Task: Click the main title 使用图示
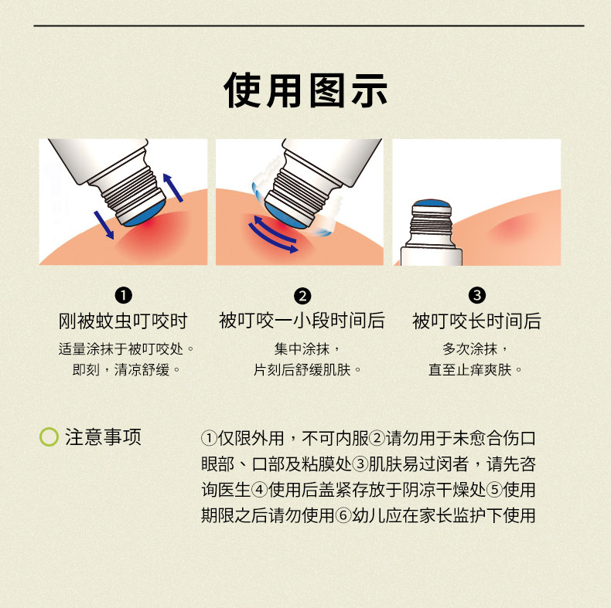[305, 90]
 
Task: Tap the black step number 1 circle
[124, 295]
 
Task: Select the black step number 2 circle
[302, 296]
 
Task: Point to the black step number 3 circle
[477, 295]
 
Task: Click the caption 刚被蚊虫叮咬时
[123, 321]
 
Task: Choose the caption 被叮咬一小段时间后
[302, 321]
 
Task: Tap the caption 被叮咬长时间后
[477, 321]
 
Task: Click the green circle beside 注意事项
[49, 436]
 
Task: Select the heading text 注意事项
[104, 436]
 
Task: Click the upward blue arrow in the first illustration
[172, 188]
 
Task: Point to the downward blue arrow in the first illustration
[104, 225]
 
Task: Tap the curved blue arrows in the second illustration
[274, 234]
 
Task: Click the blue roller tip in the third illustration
[432, 204]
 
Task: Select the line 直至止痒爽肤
[470, 370]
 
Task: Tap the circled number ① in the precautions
[210, 438]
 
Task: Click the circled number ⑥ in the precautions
[343, 516]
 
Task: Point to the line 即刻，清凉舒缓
[121, 370]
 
